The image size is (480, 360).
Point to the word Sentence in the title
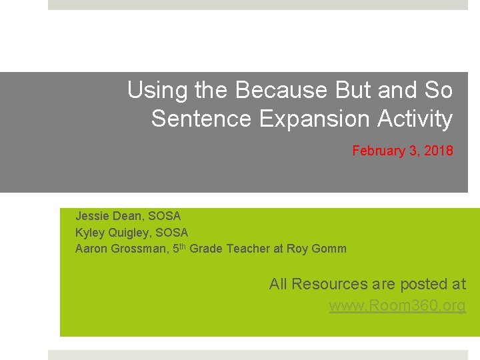click(x=201, y=119)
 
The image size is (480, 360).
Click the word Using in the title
click(x=152, y=90)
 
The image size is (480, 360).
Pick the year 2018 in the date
click(x=439, y=151)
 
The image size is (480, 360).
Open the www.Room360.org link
click(x=397, y=306)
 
